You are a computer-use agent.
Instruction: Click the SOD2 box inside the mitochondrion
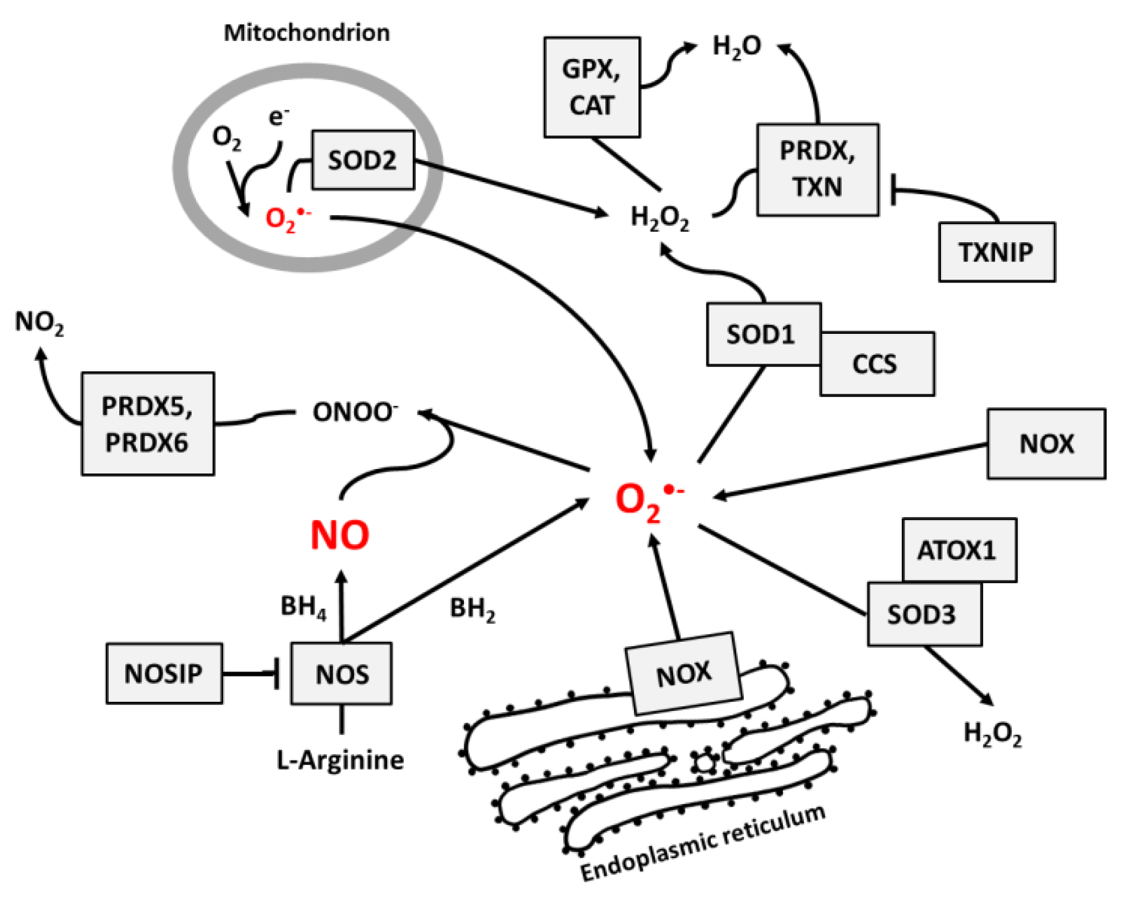click(x=362, y=160)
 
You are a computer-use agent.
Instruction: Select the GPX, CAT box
click(x=591, y=87)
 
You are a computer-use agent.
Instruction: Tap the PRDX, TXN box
click(x=817, y=169)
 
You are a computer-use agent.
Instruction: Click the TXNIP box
click(x=996, y=252)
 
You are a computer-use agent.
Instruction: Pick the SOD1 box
click(x=763, y=334)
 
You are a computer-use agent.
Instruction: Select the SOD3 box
click(x=924, y=614)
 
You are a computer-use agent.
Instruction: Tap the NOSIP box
click(x=164, y=673)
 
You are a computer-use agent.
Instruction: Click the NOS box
click(x=341, y=674)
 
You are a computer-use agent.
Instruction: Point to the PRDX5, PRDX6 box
click(x=147, y=424)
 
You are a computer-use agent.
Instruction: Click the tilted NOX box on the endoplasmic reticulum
click(x=683, y=673)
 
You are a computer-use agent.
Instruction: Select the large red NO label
click(x=340, y=535)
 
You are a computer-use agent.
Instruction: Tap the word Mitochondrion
click(x=306, y=33)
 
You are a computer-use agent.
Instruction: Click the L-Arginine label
click(x=340, y=760)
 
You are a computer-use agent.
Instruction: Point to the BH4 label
click(x=303, y=607)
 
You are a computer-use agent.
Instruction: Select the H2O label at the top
click(x=737, y=46)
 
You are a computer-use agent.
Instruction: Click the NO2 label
click(x=39, y=322)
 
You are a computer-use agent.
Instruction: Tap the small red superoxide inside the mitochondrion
click(x=287, y=219)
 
